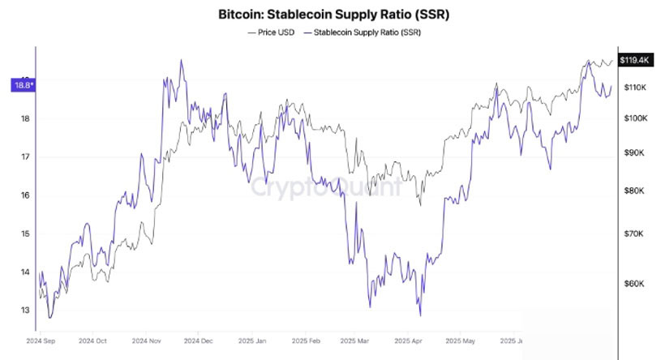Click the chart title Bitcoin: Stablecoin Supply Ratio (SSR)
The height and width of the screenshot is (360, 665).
click(x=332, y=15)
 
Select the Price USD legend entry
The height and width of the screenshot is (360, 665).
click(x=272, y=33)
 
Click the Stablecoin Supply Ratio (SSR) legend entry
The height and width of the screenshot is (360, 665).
click(x=365, y=33)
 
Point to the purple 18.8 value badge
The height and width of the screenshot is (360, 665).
click(x=22, y=83)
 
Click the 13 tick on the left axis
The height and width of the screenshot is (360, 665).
click(x=25, y=311)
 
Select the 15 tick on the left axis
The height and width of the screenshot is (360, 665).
click(x=25, y=234)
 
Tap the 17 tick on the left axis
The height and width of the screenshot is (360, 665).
click(x=25, y=157)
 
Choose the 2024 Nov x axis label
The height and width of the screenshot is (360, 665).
click(x=148, y=341)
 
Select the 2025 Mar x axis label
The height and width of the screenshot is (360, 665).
click(x=357, y=341)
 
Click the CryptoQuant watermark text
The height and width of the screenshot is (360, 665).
click(x=324, y=188)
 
